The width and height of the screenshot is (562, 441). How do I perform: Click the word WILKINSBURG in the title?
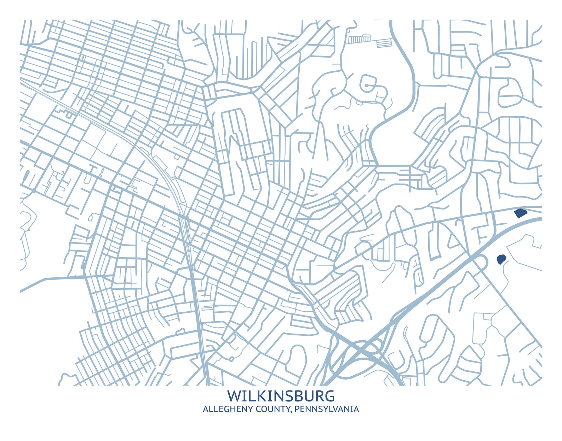(x=281, y=396)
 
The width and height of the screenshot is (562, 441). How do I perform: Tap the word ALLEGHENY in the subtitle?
(x=223, y=409)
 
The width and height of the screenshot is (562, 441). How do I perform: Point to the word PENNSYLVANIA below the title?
(x=327, y=409)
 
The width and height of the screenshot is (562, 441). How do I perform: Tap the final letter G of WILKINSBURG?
(x=329, y=396)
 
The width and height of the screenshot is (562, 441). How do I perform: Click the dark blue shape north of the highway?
(x=520, y=213)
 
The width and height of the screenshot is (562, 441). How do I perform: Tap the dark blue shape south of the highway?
(x=501, y=260)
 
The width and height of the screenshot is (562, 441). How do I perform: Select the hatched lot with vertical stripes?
(x=359, y=39)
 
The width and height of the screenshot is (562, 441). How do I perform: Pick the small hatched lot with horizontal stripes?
(x=384, y=43)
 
